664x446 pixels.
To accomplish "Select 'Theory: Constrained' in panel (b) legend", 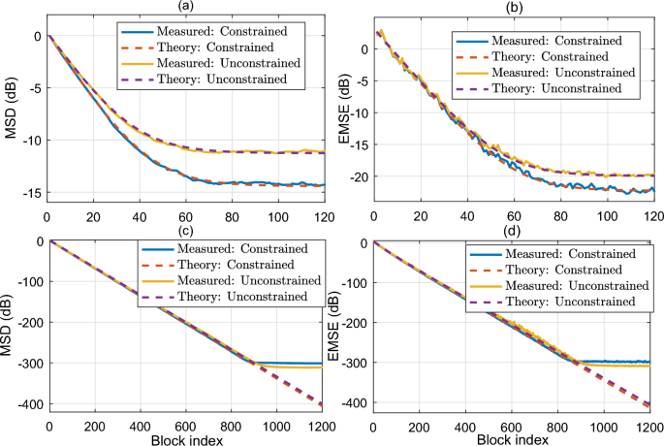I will click(x=556, y=57).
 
